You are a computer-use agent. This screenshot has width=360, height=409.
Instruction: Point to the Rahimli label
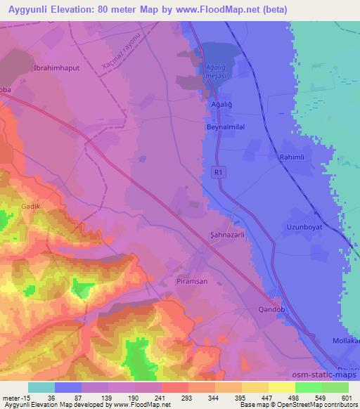point(292,158)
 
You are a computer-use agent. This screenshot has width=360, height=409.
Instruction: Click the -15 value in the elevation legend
point(24,398)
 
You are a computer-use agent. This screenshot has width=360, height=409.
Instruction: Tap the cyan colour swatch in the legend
point(41,387)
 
